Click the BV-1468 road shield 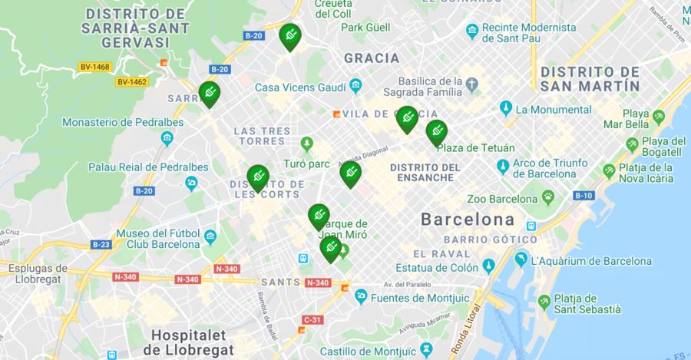(x=94, y=67)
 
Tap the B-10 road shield (x=584, y=196)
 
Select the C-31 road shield (x=312, y=319)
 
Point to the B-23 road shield (x=101, y=244)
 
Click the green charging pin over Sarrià (x=209, y=94)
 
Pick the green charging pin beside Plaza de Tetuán (x=436, y=132)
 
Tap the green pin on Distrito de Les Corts (x=258, y=177)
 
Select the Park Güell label (x=365, y=28)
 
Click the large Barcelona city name (x=467, y=220)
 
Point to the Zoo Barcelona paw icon (x=548, y=199)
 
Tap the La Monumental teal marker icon (x=505, y=107)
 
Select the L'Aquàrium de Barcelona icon (x=521, y=260)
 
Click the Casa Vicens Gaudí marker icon (x=355, y=85)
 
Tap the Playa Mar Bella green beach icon (x=658, y=117)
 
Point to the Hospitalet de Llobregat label (x=192, y=342)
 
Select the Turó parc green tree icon (x=307, y=144)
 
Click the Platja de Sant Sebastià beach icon (x=544, y=302)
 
